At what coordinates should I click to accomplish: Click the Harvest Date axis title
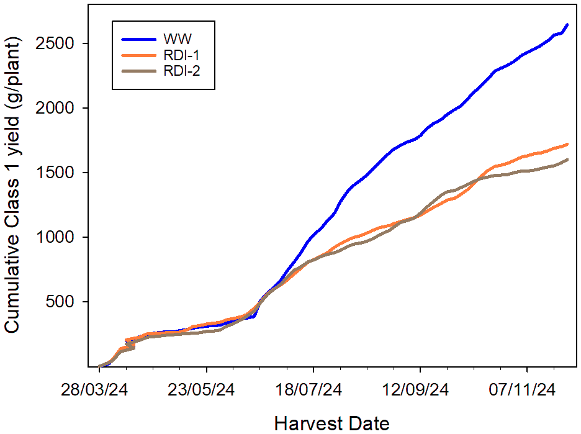click(x=331, y=423)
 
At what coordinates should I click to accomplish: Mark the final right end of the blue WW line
click(x=567, y=24)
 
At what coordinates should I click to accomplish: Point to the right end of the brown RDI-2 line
click(x=567, y=160)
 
